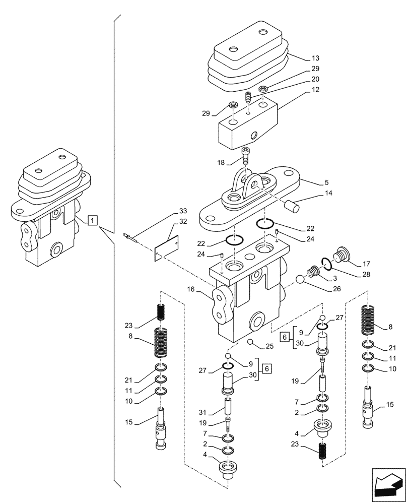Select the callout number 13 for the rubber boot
[x=315, y=58]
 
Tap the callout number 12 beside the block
[x=315, y=90]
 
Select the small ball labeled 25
[x=250, y=342]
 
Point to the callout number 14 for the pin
[x=315, y=193]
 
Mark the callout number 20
[x=315, y=79]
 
